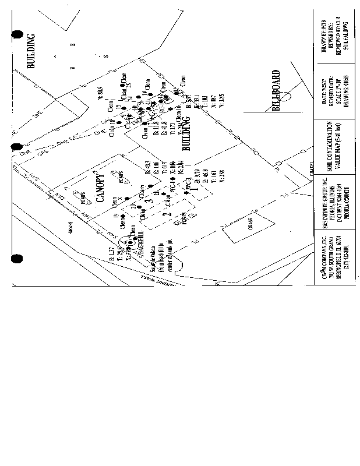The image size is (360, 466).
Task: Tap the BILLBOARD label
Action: [276, 90]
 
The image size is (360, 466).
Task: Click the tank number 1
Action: [197, 188]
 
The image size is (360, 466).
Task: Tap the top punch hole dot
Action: [17, 35]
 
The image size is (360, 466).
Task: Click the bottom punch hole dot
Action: [17, 258]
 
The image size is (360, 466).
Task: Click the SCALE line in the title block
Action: [337, 94]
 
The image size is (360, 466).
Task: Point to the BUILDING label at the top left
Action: [31, 51]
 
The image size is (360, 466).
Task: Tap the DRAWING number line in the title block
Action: [345, 94]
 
